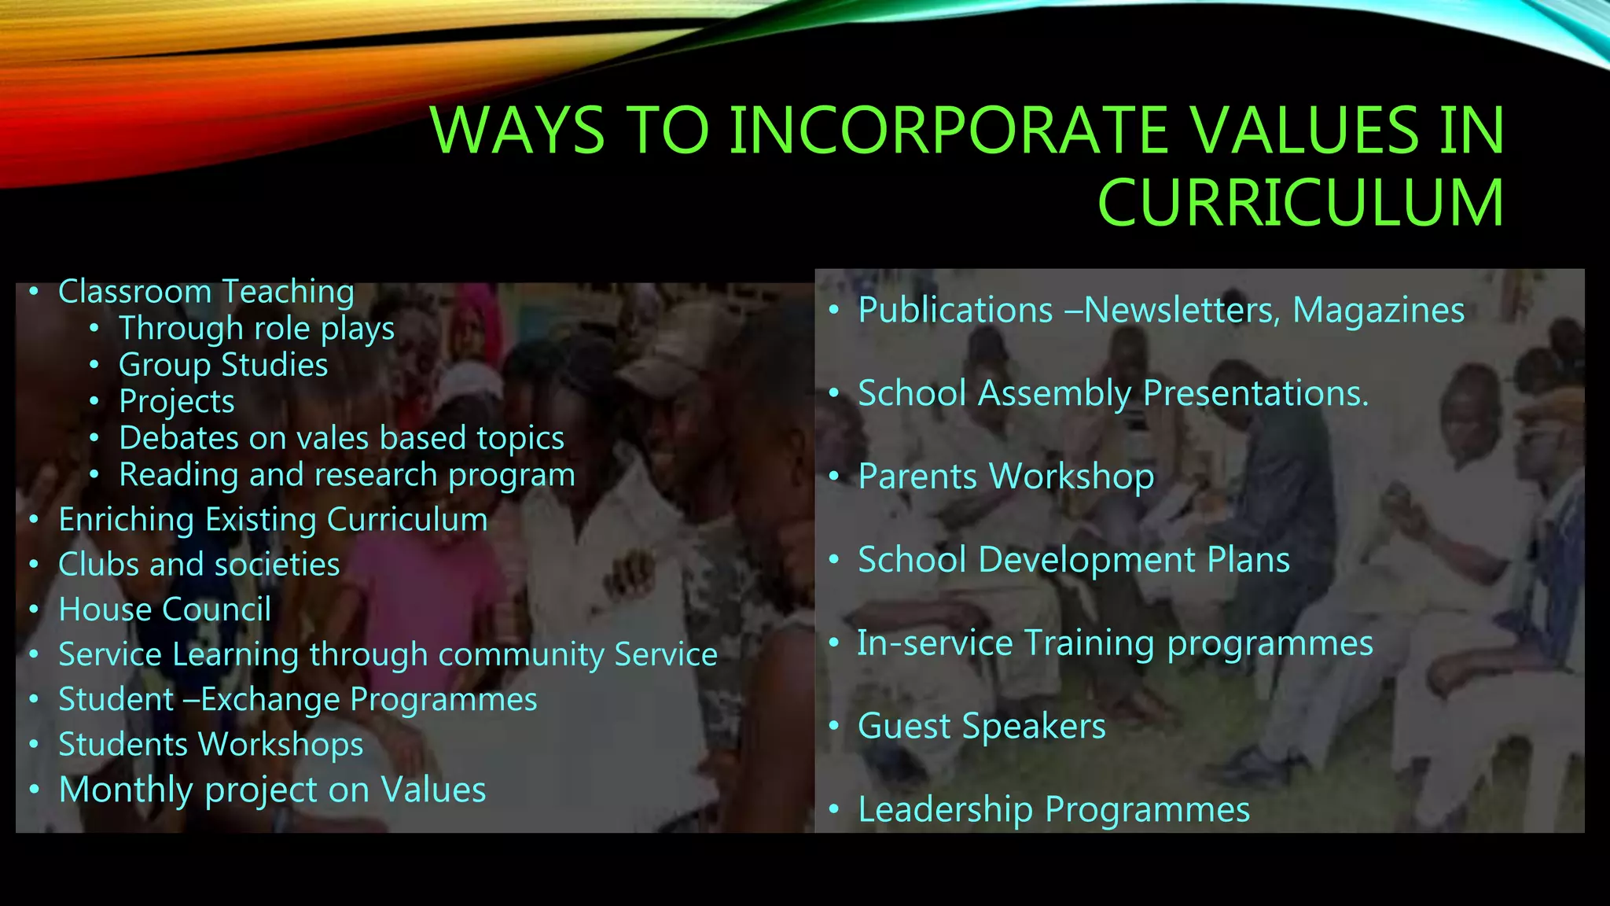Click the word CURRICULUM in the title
click(x=1300, y=202)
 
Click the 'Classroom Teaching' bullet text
click(x=206, y=292)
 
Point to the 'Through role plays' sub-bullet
click(x=256, y=329)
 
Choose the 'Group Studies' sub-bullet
click(x=223, y=365)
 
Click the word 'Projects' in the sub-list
click(x=177, y=402)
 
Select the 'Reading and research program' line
click(x=347, y=475)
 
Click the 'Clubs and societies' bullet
click(x=199, y=565)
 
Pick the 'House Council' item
click(x=165, y=610)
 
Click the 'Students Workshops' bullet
click(x=211, y=745)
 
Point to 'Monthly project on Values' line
click(x=272, y=790)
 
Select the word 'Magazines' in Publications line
click(x=1378, y=310)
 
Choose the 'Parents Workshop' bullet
click(x=1005, y=477)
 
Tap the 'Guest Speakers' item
click(x=981, y=726)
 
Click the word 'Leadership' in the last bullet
click(x=945, y=809)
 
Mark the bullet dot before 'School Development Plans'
click(x=834, y=561)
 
